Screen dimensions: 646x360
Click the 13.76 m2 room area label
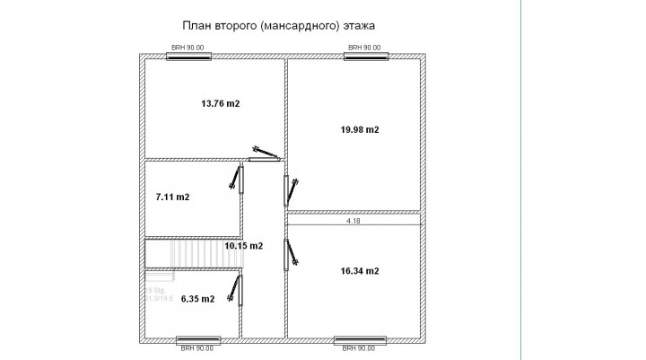coord(220,104)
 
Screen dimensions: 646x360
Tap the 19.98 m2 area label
coord(359,129)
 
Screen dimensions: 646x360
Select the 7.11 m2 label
coord(172,197)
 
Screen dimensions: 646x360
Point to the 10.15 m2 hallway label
coord(243,245)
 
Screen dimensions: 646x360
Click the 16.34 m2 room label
coord(359,270)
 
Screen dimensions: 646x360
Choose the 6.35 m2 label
coord(197,299)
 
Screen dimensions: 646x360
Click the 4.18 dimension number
coord(354,219)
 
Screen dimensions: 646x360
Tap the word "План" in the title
coord(196,27)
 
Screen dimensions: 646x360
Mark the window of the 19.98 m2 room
coord(368,57)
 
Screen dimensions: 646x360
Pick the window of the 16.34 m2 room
coord(359,341)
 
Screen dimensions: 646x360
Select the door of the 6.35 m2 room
coord(239,290)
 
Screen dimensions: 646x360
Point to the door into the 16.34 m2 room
coord(289,255)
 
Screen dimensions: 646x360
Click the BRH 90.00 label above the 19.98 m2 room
coord(363,48)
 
